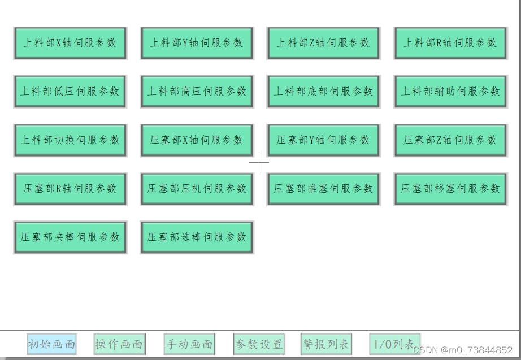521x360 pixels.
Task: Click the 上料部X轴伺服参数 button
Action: (70, 43)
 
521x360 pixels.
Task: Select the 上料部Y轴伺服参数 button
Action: (197, 43)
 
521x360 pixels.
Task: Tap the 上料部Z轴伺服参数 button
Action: (323, 43)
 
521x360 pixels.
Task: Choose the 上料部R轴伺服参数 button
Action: (450, 43)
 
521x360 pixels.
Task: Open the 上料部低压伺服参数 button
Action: (70, 92)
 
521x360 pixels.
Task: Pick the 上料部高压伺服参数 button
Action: (197, 92)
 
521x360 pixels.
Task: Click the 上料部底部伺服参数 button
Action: (323, 92)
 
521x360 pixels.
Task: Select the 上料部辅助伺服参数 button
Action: (450, 92)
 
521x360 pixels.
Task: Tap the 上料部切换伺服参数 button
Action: (70, 140)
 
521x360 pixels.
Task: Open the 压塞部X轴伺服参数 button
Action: (197, 140)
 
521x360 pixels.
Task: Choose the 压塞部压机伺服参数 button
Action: (197, 189)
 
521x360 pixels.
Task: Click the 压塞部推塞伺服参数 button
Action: (323, 189)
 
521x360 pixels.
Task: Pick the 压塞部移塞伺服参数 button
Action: (450, 189)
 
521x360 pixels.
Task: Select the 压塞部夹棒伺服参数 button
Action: (70, 237)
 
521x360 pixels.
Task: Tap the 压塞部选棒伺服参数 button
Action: (197, 237)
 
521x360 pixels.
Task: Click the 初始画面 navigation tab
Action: (51, 344)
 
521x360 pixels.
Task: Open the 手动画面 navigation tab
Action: (189, 344)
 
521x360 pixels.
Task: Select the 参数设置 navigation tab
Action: (259, 344)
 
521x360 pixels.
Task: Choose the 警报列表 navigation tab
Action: (325, 344)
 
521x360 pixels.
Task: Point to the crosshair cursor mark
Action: (259, 162)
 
